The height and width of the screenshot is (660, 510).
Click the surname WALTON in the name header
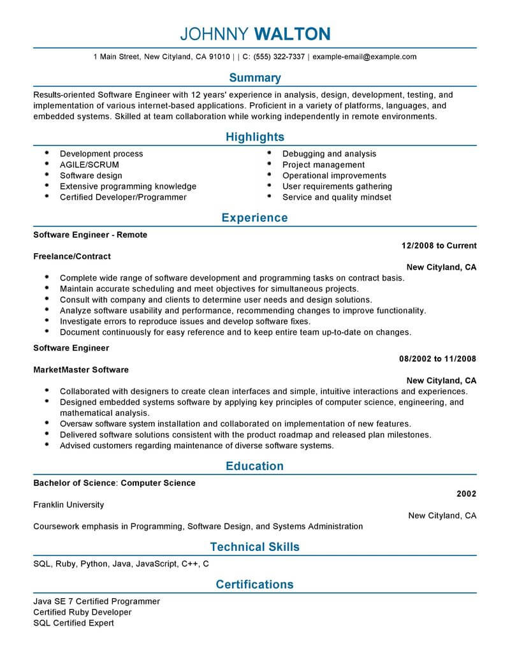pos(293,33)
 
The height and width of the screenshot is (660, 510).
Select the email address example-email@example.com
pos(365,57)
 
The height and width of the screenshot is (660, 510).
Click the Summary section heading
pos(254,78)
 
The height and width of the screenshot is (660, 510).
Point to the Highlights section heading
pos(254,137)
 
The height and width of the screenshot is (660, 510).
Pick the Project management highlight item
pos(323,165)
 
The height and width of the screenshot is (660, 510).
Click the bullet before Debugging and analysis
pos(269,154)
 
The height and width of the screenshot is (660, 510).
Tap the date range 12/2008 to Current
pos(439,246)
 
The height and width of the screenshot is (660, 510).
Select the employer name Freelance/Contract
pos(72,256)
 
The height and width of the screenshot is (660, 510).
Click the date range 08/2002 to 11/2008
pos(437,359)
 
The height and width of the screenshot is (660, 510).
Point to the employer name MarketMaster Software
pos(81,370)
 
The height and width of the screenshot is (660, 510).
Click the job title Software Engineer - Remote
pos(90,235)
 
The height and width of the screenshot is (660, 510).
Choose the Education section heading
pos(254,466)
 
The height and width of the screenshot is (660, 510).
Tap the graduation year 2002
pos(467,494)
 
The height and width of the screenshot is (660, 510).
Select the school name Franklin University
pos(68,504)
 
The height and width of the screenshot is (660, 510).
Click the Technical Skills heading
pos(254,546)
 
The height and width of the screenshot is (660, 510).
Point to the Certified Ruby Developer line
pos(82,612)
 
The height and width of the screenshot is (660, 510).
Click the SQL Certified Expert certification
pos(73,623)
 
